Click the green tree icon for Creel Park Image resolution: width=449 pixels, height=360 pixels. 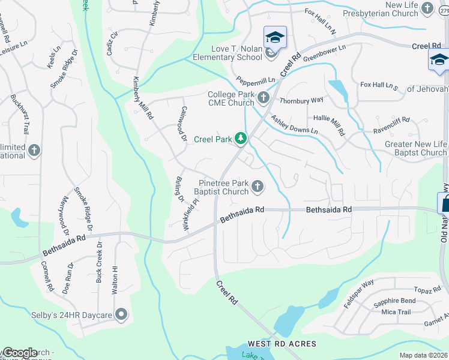(241, 139)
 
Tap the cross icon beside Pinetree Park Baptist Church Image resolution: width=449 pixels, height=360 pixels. (258, 187)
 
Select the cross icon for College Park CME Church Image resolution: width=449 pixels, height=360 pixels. (265, 97)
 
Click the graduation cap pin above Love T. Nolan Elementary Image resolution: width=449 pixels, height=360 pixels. (275, 38)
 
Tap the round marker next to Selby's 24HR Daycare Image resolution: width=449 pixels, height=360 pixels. (122, 314)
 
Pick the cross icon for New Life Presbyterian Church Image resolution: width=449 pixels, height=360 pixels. (427, 8)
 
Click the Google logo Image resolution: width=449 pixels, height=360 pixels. (19, 353)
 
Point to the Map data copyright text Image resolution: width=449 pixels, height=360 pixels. (423, 355)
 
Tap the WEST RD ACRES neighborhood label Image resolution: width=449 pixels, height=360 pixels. (282, 344)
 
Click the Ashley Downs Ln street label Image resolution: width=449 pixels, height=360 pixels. (294, 125)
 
